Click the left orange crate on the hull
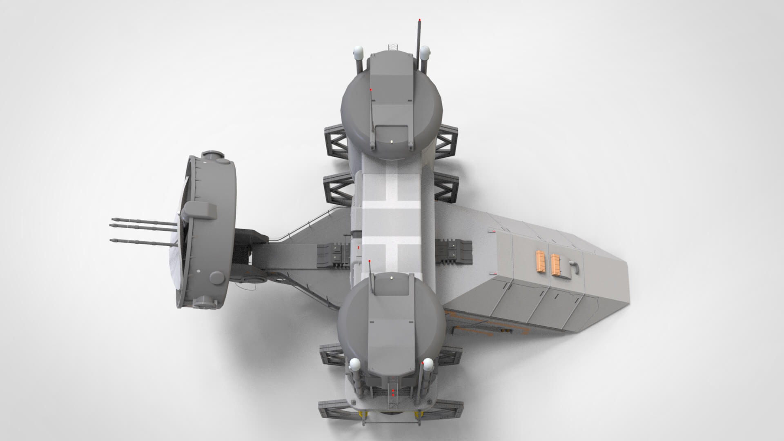click(x=541, y=262)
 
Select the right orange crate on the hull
click(x=555, y=264)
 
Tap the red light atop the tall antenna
click(x=419, y=19)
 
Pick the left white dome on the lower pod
click(x=354, y=365)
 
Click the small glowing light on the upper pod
click(x=391, y=141)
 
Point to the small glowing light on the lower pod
click(x=391, y=278)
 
